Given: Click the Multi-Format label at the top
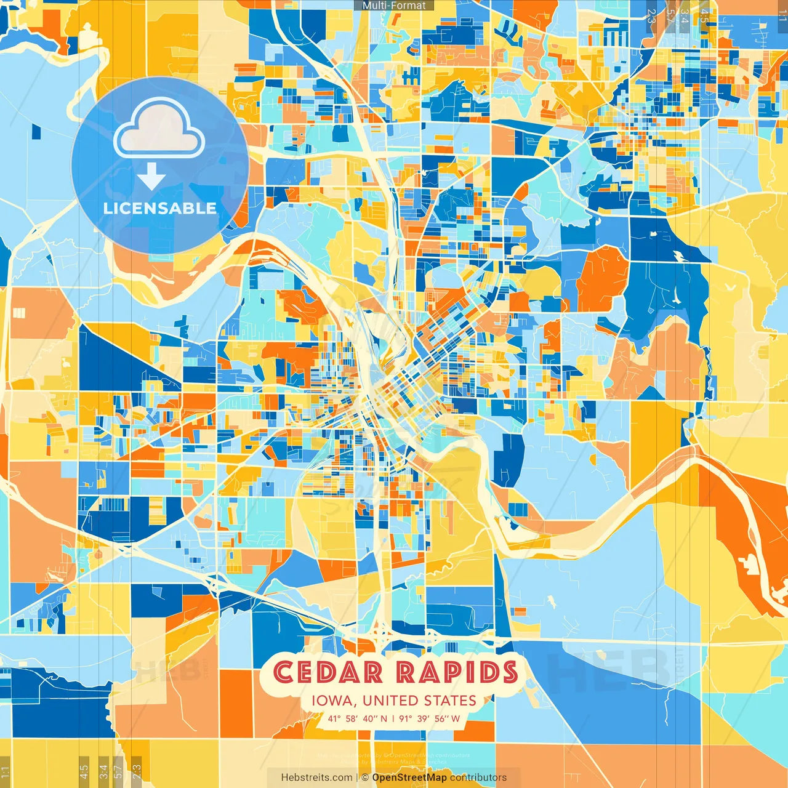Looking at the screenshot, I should tap(394, 6).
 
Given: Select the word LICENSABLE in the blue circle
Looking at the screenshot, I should tap(160, 208).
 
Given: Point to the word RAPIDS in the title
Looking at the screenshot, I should tap(457, 672).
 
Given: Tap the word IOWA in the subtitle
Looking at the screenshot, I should tap(333, 701).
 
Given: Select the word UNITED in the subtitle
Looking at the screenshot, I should tap(391, 701).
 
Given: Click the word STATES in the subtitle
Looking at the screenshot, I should tap(451, 701).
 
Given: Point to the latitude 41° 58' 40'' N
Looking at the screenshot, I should tap(358, 718).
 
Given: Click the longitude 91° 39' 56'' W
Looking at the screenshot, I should tap(430, 718).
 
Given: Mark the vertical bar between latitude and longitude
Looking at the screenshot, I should tap(393, 718).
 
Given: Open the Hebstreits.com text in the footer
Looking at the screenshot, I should tap(317, 778).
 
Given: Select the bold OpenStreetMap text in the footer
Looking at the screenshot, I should tap(409, 778).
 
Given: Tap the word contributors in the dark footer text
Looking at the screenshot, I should tap(478, 778).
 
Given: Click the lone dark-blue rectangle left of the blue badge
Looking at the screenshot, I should tap(36, 131).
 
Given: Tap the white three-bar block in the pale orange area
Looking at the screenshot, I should tap(19, 313).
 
